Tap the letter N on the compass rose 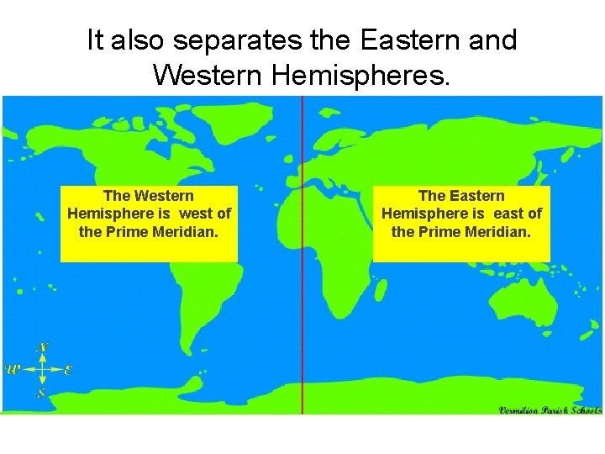click(42, 346)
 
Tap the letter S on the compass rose click(41, 392)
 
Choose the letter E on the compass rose click(68, 369)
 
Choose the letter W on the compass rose click(13, 369)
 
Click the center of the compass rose click(41, 369)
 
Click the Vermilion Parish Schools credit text click(550, 410)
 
